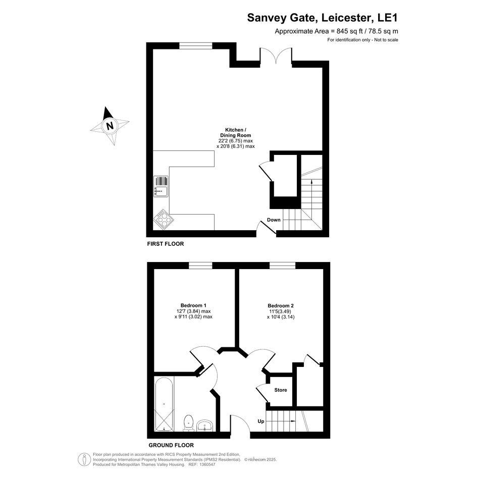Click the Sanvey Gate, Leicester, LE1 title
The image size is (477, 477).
pyautogui.click(x=322, y=18)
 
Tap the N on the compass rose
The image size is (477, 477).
pyautogui.click(x=110, y=125)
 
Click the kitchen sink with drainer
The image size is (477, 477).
pyautogui.click(x=161, y=186)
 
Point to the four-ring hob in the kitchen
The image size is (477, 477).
pyautogui.click(x=164, y=219)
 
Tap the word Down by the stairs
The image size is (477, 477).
pyautogui.click(x=274, y=220)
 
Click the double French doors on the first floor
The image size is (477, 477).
pyautogui.click(x=276, y=56)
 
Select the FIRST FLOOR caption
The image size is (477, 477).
pyautogui.click(x=166, y=244)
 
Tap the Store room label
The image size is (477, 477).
pyautogui.click(x=281, y=390)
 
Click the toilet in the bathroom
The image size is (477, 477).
pyautogui.click(x=189, y=423)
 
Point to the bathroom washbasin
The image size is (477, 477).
pyautogui.click(x=205, y=426)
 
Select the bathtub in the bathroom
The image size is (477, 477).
pyautogui.click(x=164, y=404)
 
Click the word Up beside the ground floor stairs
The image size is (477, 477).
pyautogui.click(x=260, y=421)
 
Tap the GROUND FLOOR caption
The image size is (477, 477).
pyautogui.click(x=171, y=445)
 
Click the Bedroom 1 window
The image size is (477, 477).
pyautogui.click(x=200, y=266)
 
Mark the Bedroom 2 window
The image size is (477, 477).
pyautogui.click(x=282, y=266)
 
